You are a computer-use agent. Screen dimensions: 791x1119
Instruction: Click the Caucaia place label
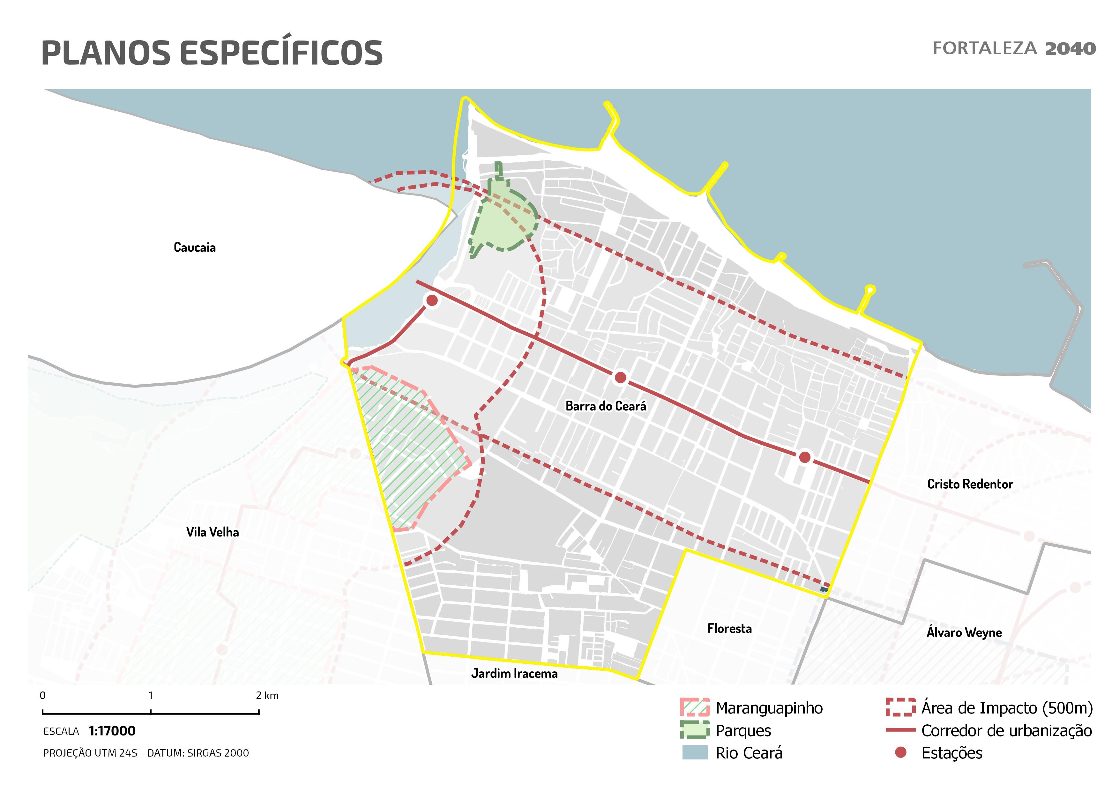pyautogui.click(x=194, y=248)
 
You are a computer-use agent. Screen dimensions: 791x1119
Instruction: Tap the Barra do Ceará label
pyautogui.click(x=606, y=406)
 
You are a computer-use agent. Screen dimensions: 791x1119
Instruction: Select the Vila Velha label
pyautogui.click(x=213, y=532)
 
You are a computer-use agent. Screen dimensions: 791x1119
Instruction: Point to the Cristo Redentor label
pyautogui.click(x=970, y=484)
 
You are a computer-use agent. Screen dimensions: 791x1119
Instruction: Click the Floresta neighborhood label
pyautogui.click(x=729, y=629)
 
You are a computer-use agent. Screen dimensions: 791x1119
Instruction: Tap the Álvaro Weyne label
pyautogui.click(x=964, y=633)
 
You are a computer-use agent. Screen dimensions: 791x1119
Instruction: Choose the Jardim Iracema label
pyautogui.click(x=514, y=674)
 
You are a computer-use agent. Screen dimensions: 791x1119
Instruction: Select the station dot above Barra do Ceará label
pyautogui.click(x=620, y=377)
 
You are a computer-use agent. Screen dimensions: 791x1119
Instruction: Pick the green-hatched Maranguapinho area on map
pyautogui.click(x=409, y=448)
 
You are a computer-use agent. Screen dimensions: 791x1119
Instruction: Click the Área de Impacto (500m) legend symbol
pyautogui.click(x=900, y=708)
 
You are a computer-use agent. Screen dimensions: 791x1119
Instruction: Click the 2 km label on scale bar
pyautogui.click(x=267, y=696)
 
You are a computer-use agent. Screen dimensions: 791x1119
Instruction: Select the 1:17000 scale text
pyautogui.click(x=112, y=731)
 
